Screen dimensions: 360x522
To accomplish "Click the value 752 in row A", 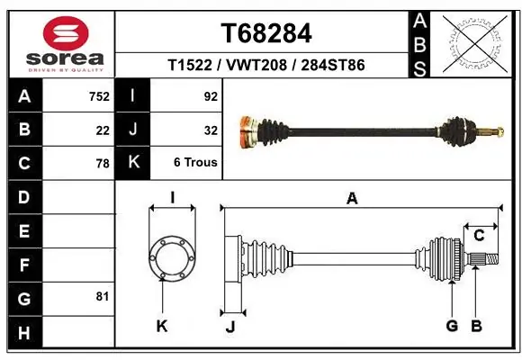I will (98, 96).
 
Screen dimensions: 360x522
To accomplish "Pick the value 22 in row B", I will (103, 130).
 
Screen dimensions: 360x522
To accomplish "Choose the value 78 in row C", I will (102, 164).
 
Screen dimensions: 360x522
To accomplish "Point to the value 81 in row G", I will (102, 296).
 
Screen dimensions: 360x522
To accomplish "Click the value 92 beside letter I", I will (211, 96).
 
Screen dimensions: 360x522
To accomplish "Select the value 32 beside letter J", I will (211, 130).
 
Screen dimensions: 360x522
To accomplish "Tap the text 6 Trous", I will (196, 163).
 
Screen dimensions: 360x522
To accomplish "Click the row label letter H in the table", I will (23, 332).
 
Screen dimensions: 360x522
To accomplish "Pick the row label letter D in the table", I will (23, 196).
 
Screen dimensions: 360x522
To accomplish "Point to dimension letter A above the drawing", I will (352, 199).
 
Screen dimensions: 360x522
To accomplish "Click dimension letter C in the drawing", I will (479, 236).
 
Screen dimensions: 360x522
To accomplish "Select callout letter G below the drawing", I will (452, 325).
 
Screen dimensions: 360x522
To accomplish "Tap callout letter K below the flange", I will (162, 326).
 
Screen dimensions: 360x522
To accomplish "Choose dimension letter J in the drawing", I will (230, 326).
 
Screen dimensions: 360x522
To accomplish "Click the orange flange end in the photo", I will (243, 133).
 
